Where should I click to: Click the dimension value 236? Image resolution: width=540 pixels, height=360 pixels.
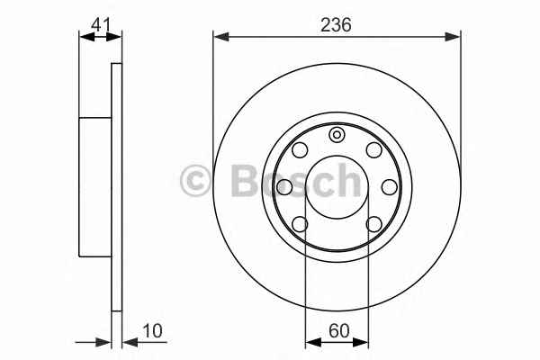pos(336,25)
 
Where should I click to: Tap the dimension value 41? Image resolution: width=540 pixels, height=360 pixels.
pos(101,25)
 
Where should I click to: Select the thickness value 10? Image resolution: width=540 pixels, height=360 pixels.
pos(152,331)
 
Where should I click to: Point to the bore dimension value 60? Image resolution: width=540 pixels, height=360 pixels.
pos(339,331)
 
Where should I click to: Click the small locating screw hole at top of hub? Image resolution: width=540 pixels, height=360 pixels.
pos(337,135)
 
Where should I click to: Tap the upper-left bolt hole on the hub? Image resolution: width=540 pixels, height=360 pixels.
pos(300,150)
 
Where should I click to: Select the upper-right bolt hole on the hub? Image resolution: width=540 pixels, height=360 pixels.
pos(374,150)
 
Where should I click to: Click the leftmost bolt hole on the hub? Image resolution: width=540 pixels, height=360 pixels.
pos(284,187)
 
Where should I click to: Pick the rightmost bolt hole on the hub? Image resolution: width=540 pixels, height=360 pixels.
pos(390,187)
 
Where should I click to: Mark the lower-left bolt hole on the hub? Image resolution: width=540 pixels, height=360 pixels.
pos(300,224)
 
